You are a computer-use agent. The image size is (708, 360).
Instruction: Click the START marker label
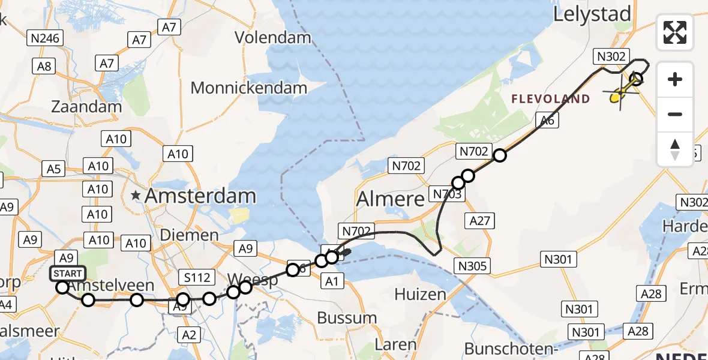coord(67,274)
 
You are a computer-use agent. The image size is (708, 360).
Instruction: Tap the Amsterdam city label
coord(200,196)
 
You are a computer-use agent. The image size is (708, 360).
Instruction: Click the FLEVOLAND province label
coord(551,99)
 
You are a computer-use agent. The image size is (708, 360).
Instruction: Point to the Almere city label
coord(391,199)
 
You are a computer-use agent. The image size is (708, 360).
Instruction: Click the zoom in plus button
coord(675,79)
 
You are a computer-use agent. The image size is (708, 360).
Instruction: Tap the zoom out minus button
coord(675,114)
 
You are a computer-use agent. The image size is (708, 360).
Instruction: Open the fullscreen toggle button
coord(675,32)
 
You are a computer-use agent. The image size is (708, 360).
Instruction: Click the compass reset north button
coord(675,149)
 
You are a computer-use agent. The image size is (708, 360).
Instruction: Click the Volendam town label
coord(273,37)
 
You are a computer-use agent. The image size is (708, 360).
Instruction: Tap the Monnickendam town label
coord(248,88)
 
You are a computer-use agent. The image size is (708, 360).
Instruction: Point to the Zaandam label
coord(86,107)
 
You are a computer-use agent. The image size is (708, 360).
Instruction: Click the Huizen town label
coord(420,294)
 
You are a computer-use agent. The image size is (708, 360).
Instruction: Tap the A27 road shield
coord(480,221)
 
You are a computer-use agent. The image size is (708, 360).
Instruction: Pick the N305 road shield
coord(473,265)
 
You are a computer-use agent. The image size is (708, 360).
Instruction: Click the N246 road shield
coord(46,38)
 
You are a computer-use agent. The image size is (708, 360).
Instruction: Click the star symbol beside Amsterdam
coord(136,196)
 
